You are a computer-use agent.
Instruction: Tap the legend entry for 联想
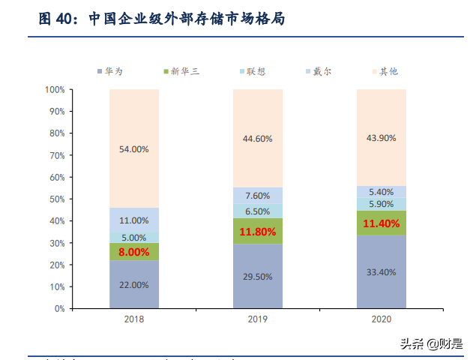252,71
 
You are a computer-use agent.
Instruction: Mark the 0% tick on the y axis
60,308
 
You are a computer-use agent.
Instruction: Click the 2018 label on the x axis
134,319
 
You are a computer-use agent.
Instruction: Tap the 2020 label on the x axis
381,319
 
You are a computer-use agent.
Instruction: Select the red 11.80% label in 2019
257,233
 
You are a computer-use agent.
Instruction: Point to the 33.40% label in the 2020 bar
381,272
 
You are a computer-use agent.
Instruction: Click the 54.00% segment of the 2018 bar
134,148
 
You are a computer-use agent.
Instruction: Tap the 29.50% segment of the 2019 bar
257,276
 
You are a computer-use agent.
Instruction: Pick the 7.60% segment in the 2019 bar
257,196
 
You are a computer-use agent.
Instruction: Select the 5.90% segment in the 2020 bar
381,204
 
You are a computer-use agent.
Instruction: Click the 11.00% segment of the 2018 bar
134,220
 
